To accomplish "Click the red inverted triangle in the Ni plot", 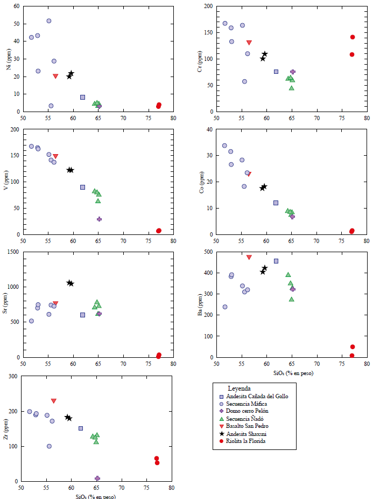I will point(55,77).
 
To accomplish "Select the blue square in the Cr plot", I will point(276,72).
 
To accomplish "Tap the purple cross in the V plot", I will point(99,219).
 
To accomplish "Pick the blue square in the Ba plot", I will point(276,261).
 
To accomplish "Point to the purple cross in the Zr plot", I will point(97,478).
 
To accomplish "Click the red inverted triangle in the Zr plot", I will point(54,401).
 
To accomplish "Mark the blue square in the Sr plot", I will point(83,315).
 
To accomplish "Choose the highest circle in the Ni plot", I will point(49,21).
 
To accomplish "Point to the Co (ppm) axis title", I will point(201,182).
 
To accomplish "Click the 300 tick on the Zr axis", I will point(12,376).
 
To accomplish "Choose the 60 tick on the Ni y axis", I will point(16,6).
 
